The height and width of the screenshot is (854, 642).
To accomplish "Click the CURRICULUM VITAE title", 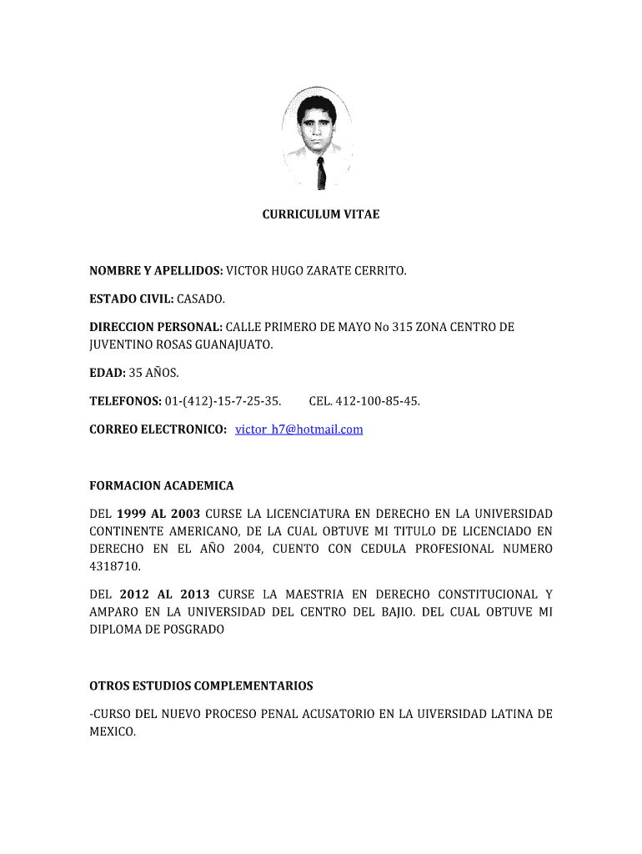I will pos(321,214).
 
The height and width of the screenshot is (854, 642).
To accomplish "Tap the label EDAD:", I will pos(107,373).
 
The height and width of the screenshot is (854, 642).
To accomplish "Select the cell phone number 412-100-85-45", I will pos(378,401).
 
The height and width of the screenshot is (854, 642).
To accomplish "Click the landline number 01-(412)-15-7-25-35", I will pos(223,401).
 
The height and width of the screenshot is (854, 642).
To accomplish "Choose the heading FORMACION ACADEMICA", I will pos(162,485).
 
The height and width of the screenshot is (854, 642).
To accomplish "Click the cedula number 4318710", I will pos(115,566).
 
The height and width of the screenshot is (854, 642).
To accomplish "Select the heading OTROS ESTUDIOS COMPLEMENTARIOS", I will pos(201,686).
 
